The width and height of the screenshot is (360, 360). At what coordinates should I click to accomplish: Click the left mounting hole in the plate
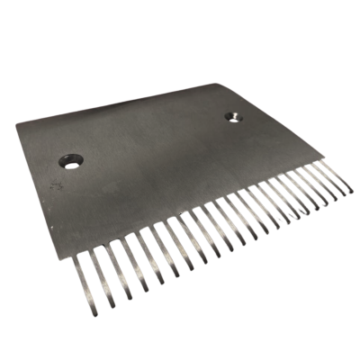[x=70, y=162]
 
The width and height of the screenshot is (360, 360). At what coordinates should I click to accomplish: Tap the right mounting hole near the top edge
[x=232, y=117]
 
